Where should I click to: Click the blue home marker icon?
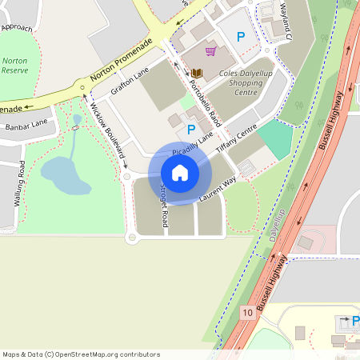click(x=180, y=172)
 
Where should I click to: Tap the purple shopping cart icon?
click(x=210, y=51)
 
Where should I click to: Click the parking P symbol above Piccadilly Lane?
click(x=191, y=129)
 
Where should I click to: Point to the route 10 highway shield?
click(x=248, y=313)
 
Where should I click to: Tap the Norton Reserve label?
click(x=14, y=66)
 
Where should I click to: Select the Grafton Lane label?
click(x=130, y=83)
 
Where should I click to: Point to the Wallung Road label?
click(x=18, y=184)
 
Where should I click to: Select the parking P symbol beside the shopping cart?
click(x=240, y=38)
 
